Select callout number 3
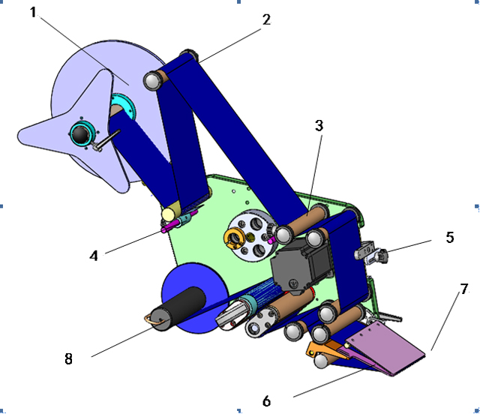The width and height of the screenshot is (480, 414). click(319, 126)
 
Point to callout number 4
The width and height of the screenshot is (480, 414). click(94, 256)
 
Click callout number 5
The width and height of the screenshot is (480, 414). click(449, 238)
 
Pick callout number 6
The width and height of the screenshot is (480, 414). click(266, 401)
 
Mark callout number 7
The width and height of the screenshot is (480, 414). click(464, 288)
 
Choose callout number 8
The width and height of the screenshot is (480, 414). click(69, 358)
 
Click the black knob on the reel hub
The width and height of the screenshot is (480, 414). click(79, 134)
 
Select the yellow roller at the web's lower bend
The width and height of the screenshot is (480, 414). click(169, 214)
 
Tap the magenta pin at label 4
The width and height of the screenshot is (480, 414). click(180, 223)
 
